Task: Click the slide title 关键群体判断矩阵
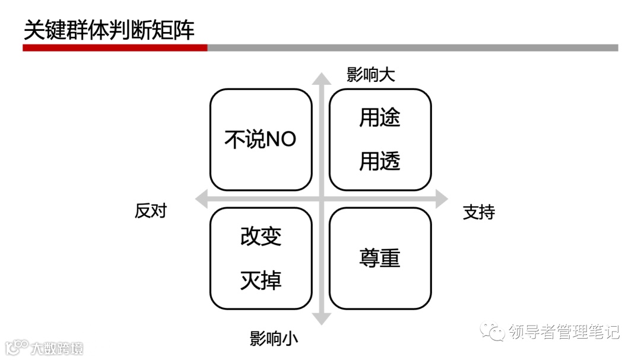point(109,30)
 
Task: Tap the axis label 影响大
point(371,75)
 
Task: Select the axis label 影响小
point(274,339)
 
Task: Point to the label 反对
point(151,211)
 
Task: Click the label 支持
point(478,212)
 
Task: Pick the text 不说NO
point(260,139)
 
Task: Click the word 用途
point(380,117)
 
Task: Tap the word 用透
point(380,161)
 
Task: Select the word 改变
point(261,237)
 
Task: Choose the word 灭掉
point(261,281)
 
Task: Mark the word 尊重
point(380,258)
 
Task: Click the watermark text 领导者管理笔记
point(564,332)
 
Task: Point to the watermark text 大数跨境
point(57,348)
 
